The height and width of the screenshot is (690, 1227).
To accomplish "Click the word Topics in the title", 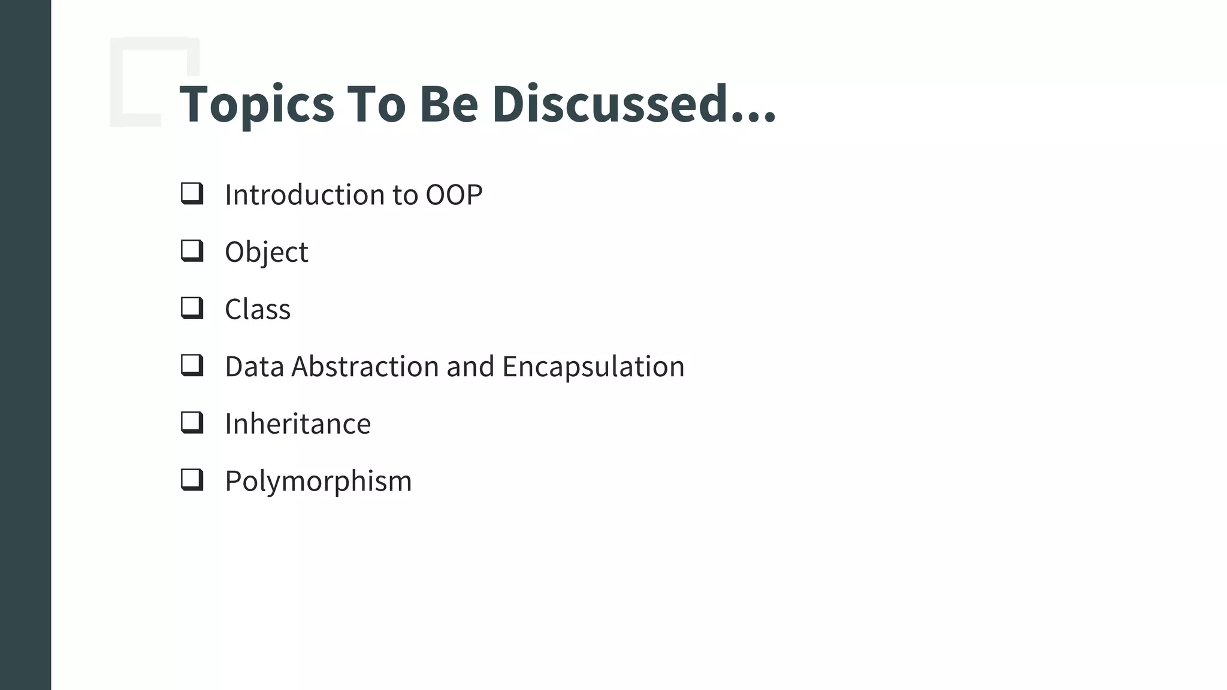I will [256, 105].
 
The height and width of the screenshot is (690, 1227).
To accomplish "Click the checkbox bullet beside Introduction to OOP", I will [192, 193].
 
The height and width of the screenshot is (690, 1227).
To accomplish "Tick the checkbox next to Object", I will [192, 251].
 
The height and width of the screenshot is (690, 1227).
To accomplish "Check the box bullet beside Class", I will [192, 308].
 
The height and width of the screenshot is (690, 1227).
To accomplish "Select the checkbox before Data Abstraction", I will [192, 365].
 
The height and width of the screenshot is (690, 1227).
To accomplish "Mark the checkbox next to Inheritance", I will [192, 423].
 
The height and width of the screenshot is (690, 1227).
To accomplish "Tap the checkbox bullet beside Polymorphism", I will [192, 480].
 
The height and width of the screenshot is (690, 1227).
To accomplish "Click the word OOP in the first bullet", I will [454, 195].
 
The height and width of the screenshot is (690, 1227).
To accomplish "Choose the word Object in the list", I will [266, 252].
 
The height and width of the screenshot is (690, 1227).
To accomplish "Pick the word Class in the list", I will [258, 310].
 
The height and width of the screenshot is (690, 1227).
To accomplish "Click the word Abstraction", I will [365, 367].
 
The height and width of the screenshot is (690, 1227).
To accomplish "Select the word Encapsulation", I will [593, 367].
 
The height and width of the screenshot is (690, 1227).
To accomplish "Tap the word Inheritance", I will [298, 424].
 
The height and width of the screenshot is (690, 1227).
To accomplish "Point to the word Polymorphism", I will [318, 482].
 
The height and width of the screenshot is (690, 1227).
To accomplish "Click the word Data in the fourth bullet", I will [254, 367].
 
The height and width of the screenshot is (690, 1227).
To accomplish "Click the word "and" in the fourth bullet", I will [470, 367].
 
